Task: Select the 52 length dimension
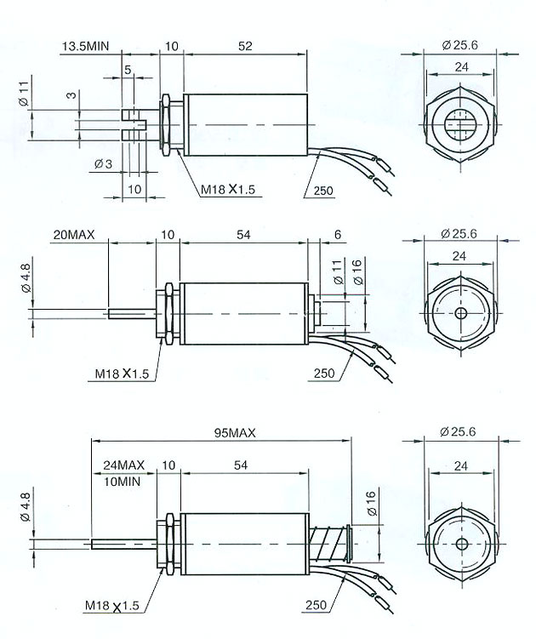tap(244, 46)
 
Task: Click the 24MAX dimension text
tap(124, 465)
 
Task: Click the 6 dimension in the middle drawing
tap(338, 234)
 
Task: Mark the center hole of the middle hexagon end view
tap(460, 312)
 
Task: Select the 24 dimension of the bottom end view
tap(460, 466)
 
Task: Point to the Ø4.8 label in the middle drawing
tap(25, 279)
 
